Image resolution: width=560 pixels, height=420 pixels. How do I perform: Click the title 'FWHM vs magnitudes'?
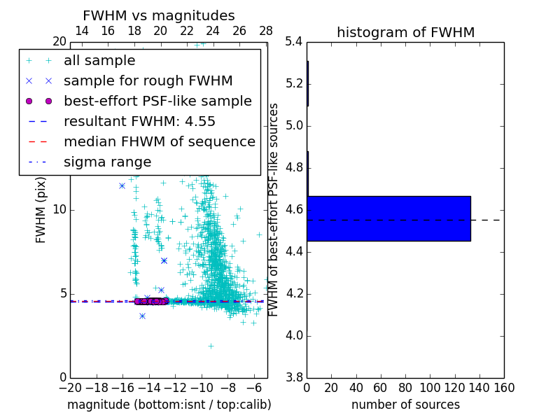pos(158,16)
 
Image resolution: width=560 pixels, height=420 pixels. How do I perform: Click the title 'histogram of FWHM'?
pos(405,32)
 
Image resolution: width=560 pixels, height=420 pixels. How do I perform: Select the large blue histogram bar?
pos(388,218)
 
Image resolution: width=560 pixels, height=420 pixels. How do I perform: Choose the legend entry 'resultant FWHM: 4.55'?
pos(139,121)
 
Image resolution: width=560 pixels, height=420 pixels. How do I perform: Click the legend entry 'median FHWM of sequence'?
pos(159,141)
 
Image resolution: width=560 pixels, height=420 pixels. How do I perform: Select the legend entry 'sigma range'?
pos(107,162)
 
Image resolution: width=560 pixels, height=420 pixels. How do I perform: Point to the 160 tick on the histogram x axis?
pos(504,388)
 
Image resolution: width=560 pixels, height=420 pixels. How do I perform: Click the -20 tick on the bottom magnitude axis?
pos(70,388)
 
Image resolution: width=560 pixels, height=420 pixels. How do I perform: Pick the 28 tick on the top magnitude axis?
pos(266,31)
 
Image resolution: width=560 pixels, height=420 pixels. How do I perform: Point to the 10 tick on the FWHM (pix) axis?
pos(59,209)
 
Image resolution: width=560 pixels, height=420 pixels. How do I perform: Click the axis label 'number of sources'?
pos(405,405)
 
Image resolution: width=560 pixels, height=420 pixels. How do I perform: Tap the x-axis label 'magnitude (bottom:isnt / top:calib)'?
pos(169,405)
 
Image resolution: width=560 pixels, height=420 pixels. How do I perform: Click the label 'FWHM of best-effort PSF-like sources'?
pos(274,210)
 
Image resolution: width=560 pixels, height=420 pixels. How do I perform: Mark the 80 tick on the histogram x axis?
pos(405,388)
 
